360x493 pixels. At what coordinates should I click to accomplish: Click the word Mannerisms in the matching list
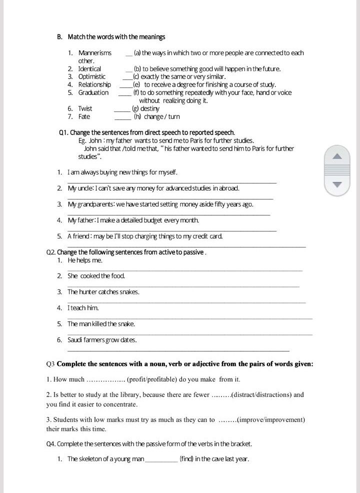(95, 53)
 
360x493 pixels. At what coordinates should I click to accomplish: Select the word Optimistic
(92, 76)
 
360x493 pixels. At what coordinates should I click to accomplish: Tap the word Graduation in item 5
(93, 92)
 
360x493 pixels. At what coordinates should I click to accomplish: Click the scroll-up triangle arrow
(338, 156)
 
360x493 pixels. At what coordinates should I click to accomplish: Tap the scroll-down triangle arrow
(338, 184)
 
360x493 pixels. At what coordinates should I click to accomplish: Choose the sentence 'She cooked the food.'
(96, 276)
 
